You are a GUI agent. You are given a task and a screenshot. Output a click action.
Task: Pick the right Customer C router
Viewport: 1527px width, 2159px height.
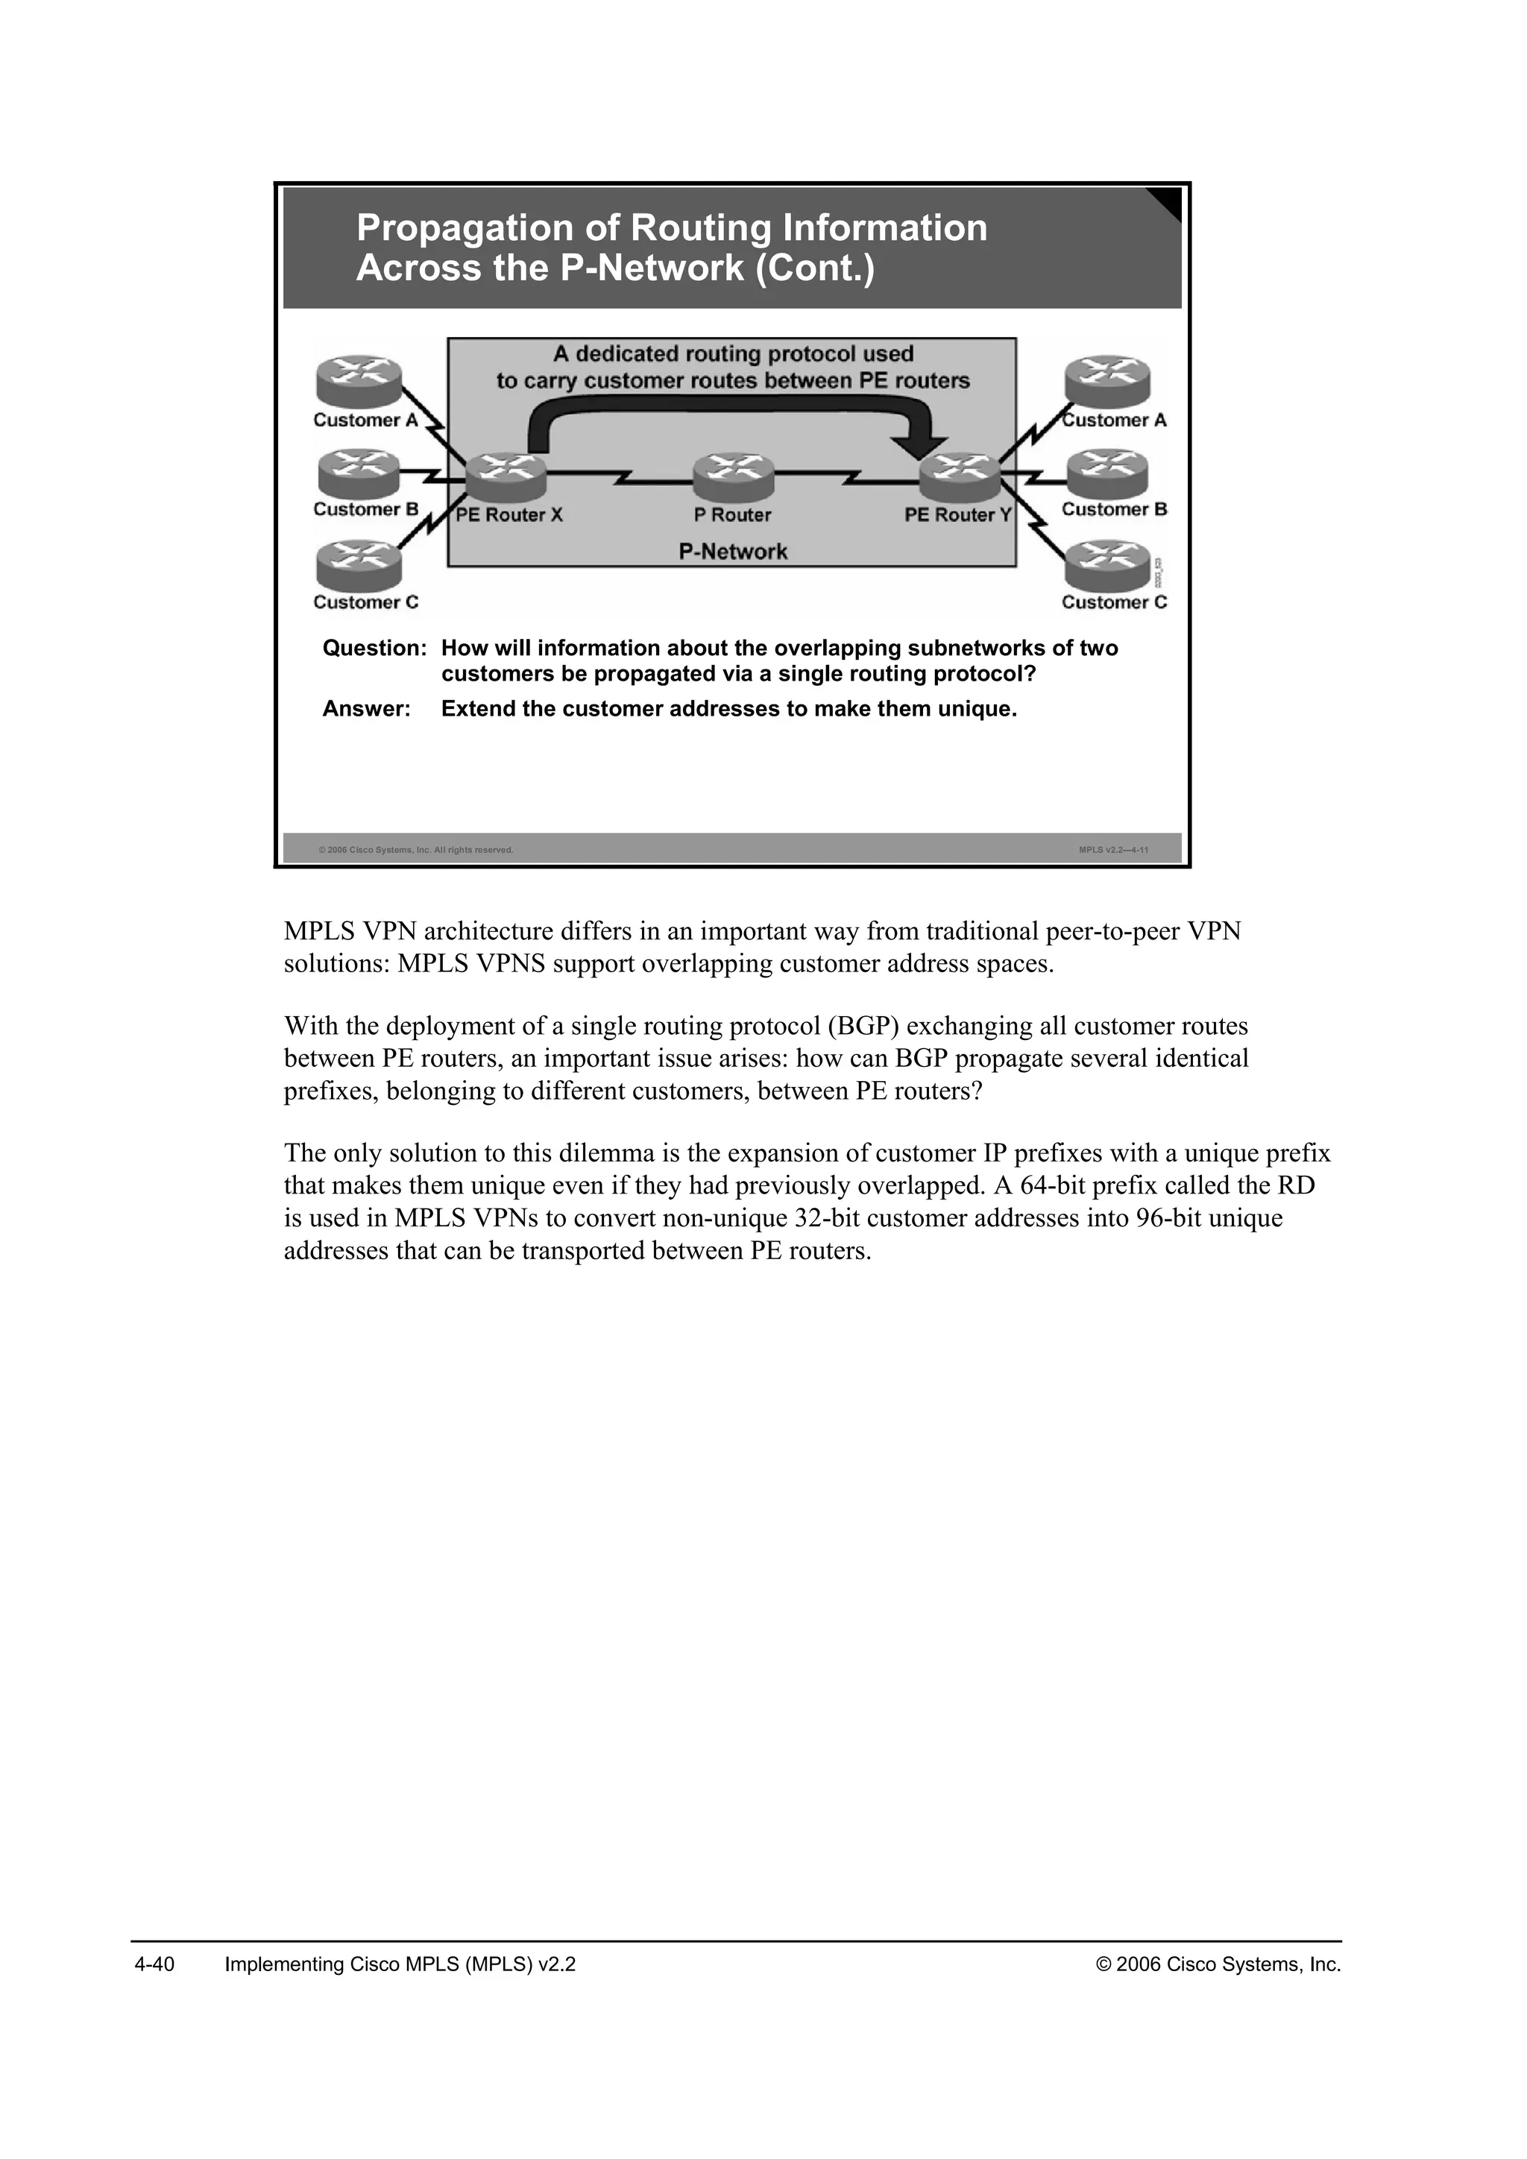[1108, 565]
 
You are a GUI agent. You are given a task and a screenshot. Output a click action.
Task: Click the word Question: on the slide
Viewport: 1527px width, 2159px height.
[374, 649]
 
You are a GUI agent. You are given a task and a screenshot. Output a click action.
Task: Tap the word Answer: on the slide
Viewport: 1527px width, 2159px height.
[367, 709]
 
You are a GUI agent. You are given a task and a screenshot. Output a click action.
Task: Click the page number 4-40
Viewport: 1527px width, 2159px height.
[155, 1964]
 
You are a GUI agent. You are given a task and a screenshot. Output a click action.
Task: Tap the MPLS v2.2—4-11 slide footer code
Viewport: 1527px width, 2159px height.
[1113, 850]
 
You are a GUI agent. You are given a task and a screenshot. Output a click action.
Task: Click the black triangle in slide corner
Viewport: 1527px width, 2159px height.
[1168, 201]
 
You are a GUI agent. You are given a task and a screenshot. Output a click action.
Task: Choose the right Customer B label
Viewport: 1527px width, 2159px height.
[1114, 510]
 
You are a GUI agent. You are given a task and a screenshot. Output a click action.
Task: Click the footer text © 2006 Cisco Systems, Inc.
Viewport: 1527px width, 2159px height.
[1218, 1964]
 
